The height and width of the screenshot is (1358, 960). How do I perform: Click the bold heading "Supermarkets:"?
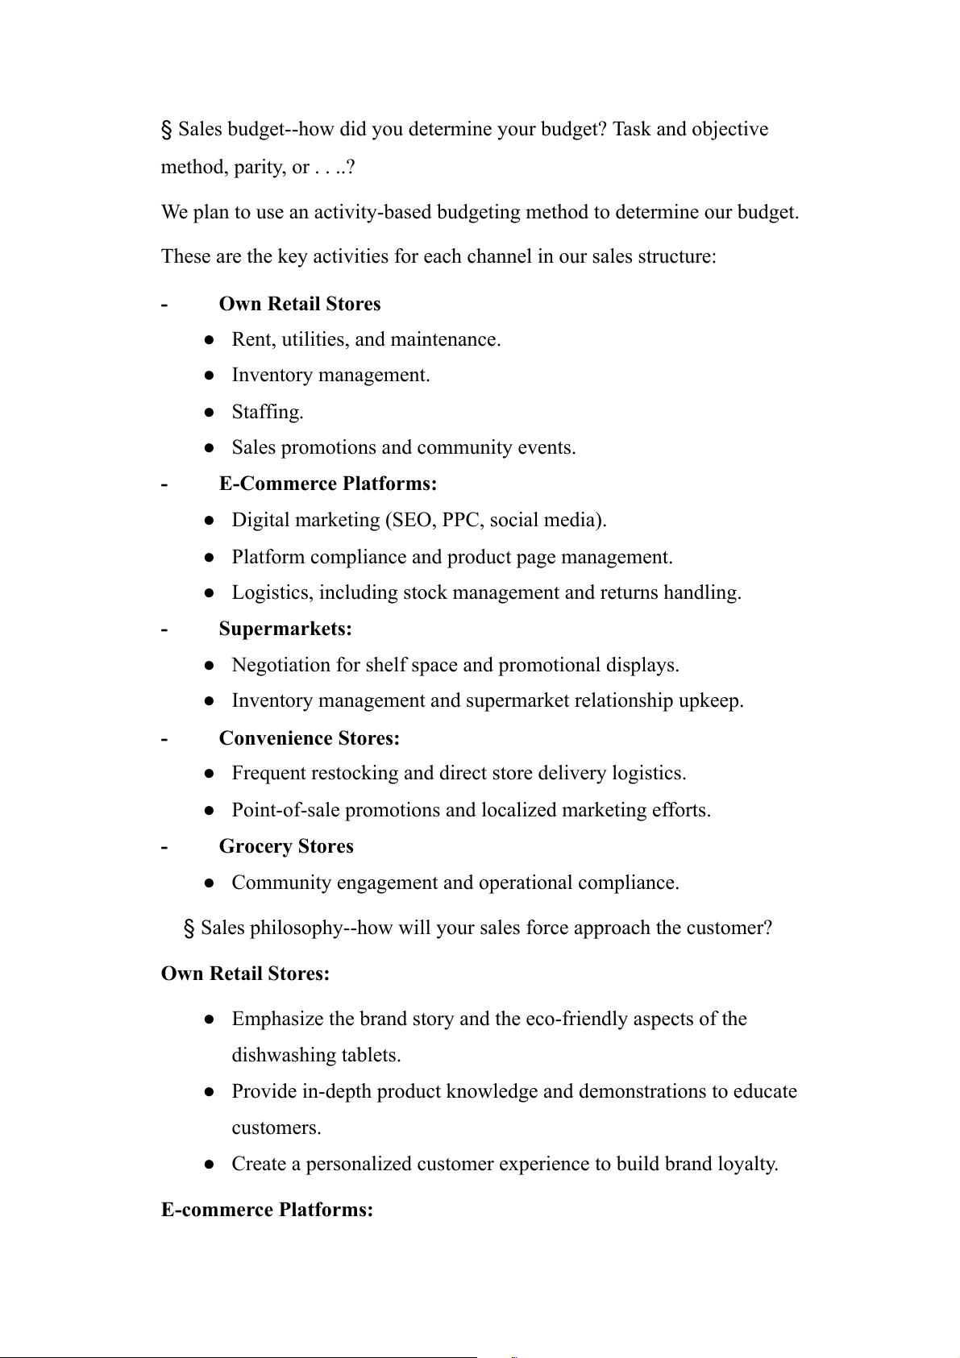(285, 629)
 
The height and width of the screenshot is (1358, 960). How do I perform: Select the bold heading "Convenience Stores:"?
(309, 738)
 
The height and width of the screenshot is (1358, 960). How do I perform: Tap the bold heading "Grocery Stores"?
(286, 846)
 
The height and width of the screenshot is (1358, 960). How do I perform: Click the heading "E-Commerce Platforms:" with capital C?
(328, 484)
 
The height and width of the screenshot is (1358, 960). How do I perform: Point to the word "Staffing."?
(268, 412)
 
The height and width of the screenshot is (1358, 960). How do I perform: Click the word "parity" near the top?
(259, 167)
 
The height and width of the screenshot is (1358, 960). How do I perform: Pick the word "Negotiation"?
(281, 665)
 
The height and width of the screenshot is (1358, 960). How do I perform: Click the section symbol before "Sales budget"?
(167, 129)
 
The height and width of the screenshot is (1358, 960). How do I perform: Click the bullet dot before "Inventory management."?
(209, 376)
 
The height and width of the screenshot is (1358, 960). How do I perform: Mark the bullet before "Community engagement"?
(209, 883)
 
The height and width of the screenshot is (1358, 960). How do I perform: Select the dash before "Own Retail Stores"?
(164, 304)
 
